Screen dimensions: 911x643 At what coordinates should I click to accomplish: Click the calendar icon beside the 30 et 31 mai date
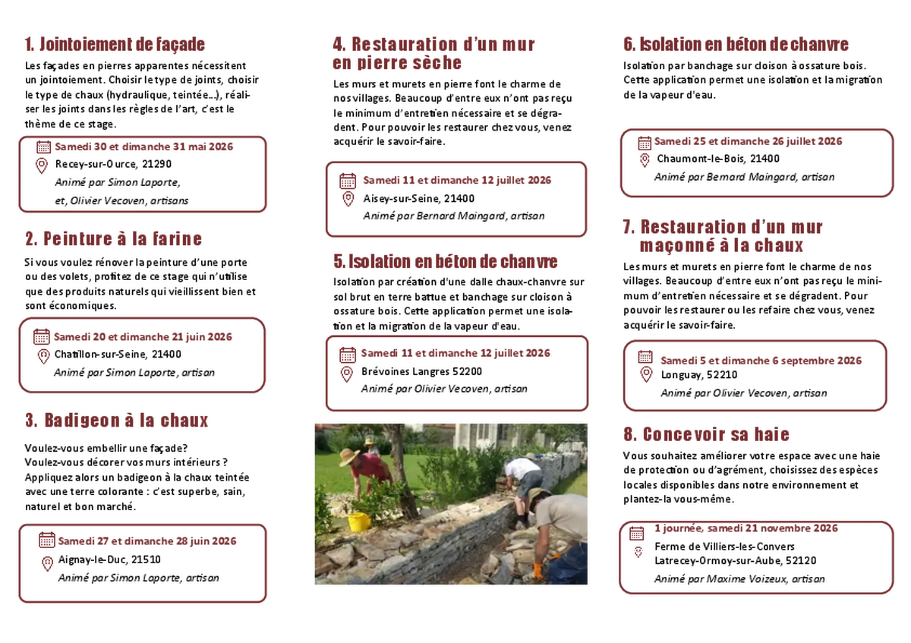tap(43, 147)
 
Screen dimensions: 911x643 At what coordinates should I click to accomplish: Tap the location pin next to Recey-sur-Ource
tap(42, 165)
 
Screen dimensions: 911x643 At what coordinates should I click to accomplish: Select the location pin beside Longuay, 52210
tap(646, 374)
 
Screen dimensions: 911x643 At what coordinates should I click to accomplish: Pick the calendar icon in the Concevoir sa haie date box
tap(636, 533)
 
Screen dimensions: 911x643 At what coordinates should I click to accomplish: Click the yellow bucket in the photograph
tap(359, 522)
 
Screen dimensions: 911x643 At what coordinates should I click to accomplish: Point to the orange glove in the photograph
tap(539, 570)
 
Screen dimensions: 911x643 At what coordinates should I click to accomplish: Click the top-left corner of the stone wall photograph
tap(315, 424)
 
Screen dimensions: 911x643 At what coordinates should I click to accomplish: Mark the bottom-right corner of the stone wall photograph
tap(588, 585)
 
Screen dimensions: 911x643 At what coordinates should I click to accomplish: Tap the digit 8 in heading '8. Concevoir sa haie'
tap(629, 434)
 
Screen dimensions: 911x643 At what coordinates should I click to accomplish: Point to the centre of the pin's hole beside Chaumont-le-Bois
tap(645, 158)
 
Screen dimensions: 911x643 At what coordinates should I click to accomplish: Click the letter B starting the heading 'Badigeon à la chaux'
tap(49, 421)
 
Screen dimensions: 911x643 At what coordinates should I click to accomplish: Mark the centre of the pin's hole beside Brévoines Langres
tap(346, 373)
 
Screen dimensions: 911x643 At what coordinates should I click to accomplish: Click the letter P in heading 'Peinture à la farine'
tap(49, 238)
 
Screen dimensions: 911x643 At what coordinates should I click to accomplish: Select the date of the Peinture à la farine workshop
tap(143, 337)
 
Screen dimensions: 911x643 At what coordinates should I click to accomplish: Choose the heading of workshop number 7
tap(722, 236)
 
